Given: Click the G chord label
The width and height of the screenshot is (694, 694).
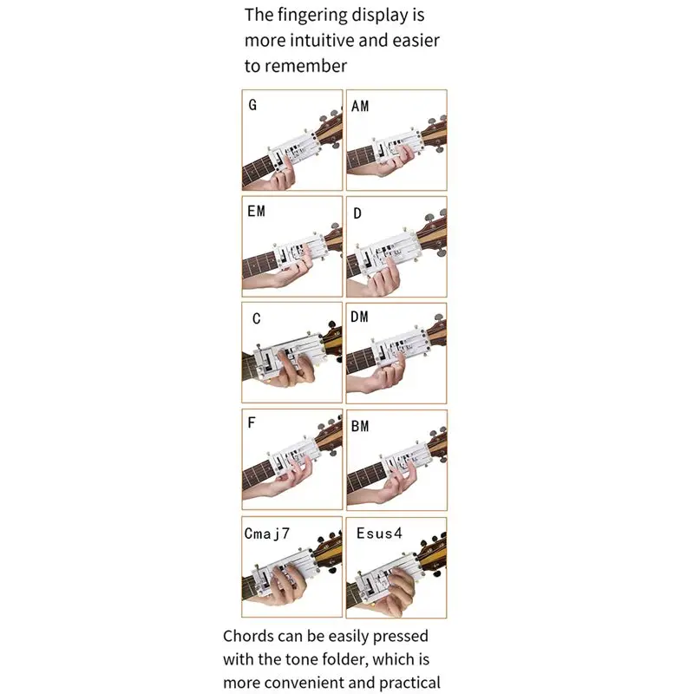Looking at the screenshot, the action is pyautogui.click(x=252, y=105).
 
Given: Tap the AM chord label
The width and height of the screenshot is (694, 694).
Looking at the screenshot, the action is pyautogui.click(x=360, y=106).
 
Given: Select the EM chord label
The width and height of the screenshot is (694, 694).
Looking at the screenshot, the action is pyautogui.click(x=256, y=211).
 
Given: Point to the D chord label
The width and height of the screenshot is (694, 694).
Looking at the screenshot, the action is pyautogui.click(x=357, y=213).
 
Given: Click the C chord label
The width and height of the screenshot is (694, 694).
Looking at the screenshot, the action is pyautogui.click(x=256, y=318).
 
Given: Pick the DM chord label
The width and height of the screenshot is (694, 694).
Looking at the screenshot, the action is pyautogui.click(x=359, y=317).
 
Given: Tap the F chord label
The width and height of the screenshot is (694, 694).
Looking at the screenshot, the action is pyautogui.click(x=252, y=422).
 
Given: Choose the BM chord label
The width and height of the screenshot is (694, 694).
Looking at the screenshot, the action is pyautogui.click(x=360, y=426).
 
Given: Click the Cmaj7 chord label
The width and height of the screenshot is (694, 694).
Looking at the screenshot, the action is pyautogui.click(x=267, y=534).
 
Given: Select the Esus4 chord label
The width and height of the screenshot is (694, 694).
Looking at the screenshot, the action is pyautogui.click(x=379, y=534).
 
